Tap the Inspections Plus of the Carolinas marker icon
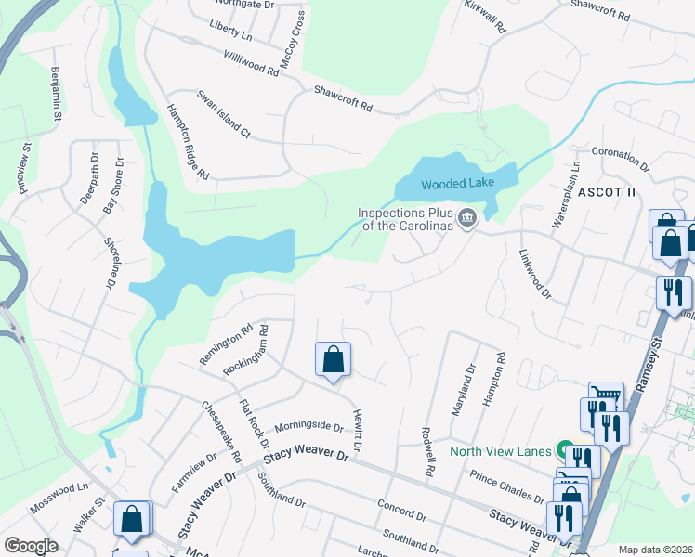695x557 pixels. pos(467,219)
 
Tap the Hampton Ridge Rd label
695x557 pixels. pos(187,140)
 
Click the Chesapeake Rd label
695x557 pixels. pos(221,432)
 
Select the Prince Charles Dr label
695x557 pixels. pos(506,486)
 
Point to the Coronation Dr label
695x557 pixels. pos(620,157)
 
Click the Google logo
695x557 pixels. pos(31,546)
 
